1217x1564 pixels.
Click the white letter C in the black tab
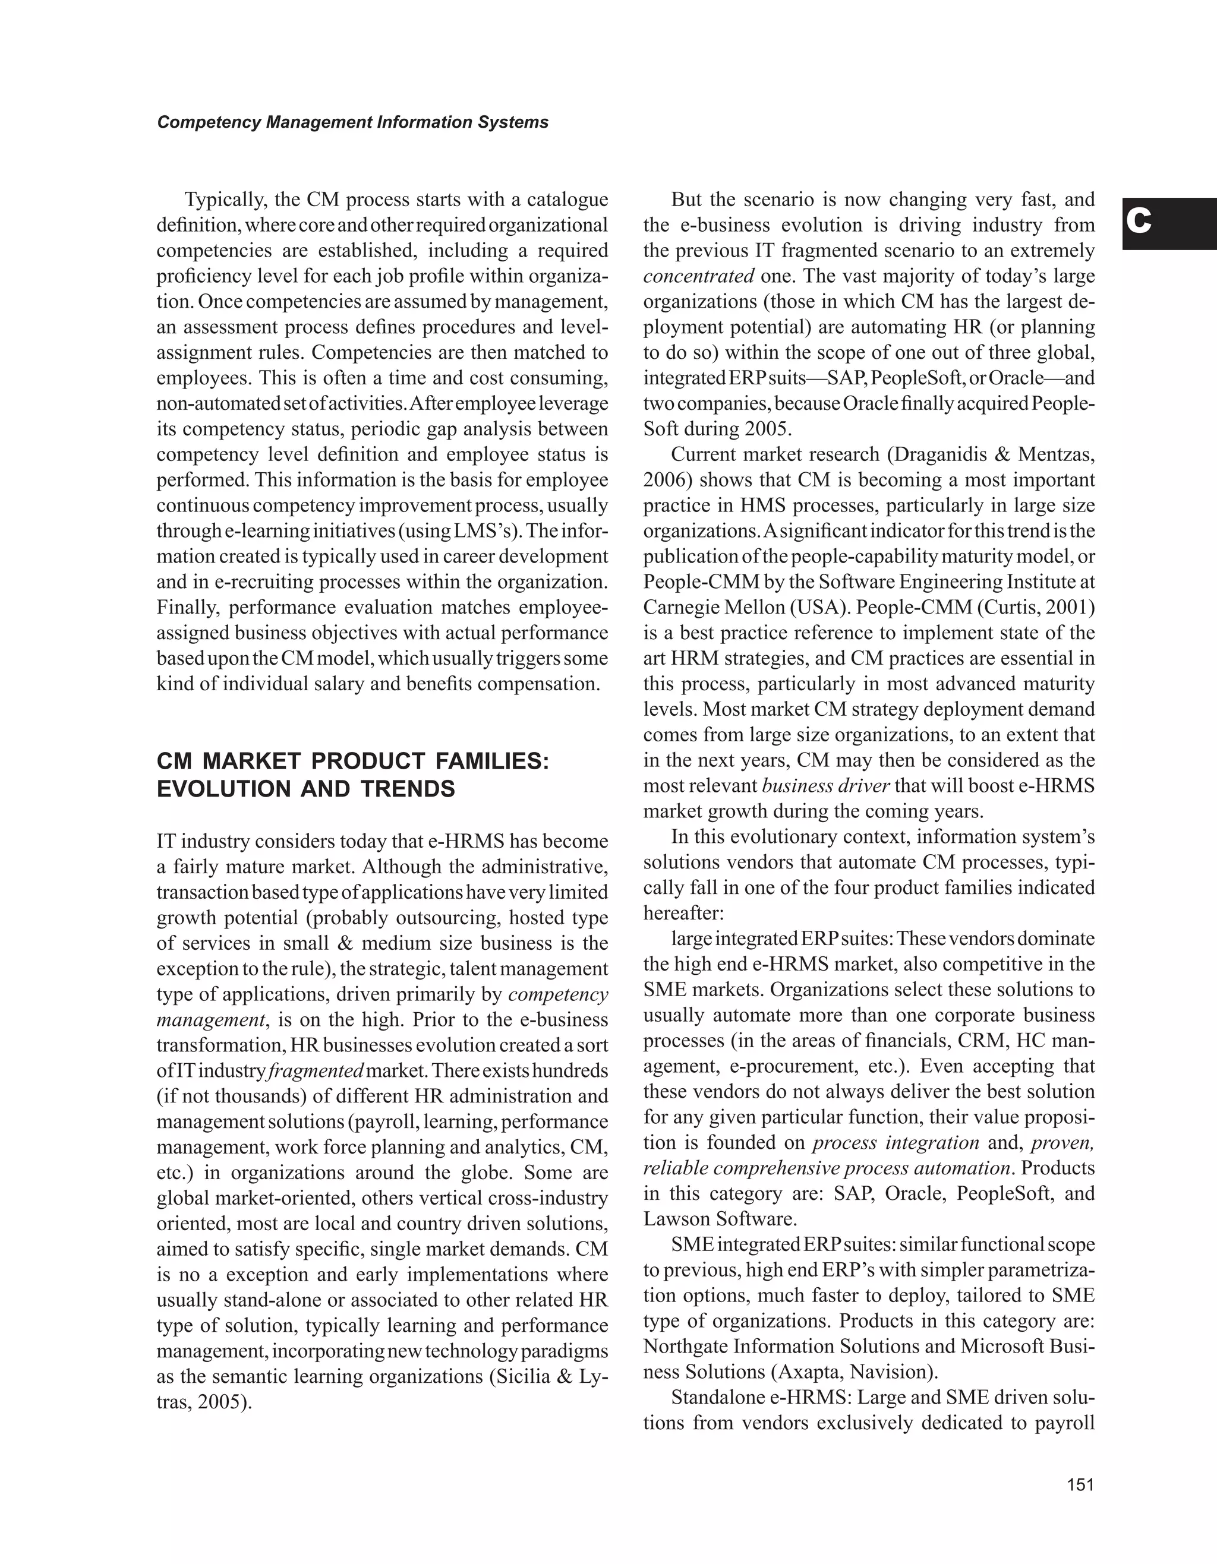coord(1138,223)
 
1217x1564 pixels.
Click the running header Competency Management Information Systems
coord(352,122)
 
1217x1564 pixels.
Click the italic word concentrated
coord(698,276)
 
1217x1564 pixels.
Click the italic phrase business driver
coord(825,786)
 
